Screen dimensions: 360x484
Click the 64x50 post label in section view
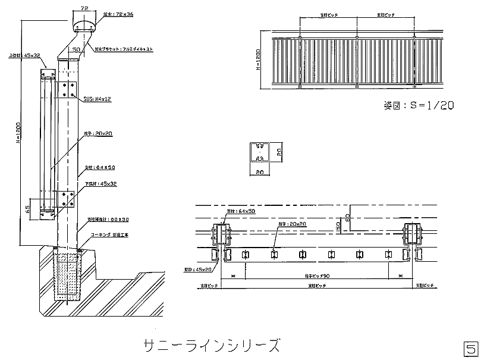101,167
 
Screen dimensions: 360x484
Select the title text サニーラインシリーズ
210,345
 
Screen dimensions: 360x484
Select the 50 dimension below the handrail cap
76,49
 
